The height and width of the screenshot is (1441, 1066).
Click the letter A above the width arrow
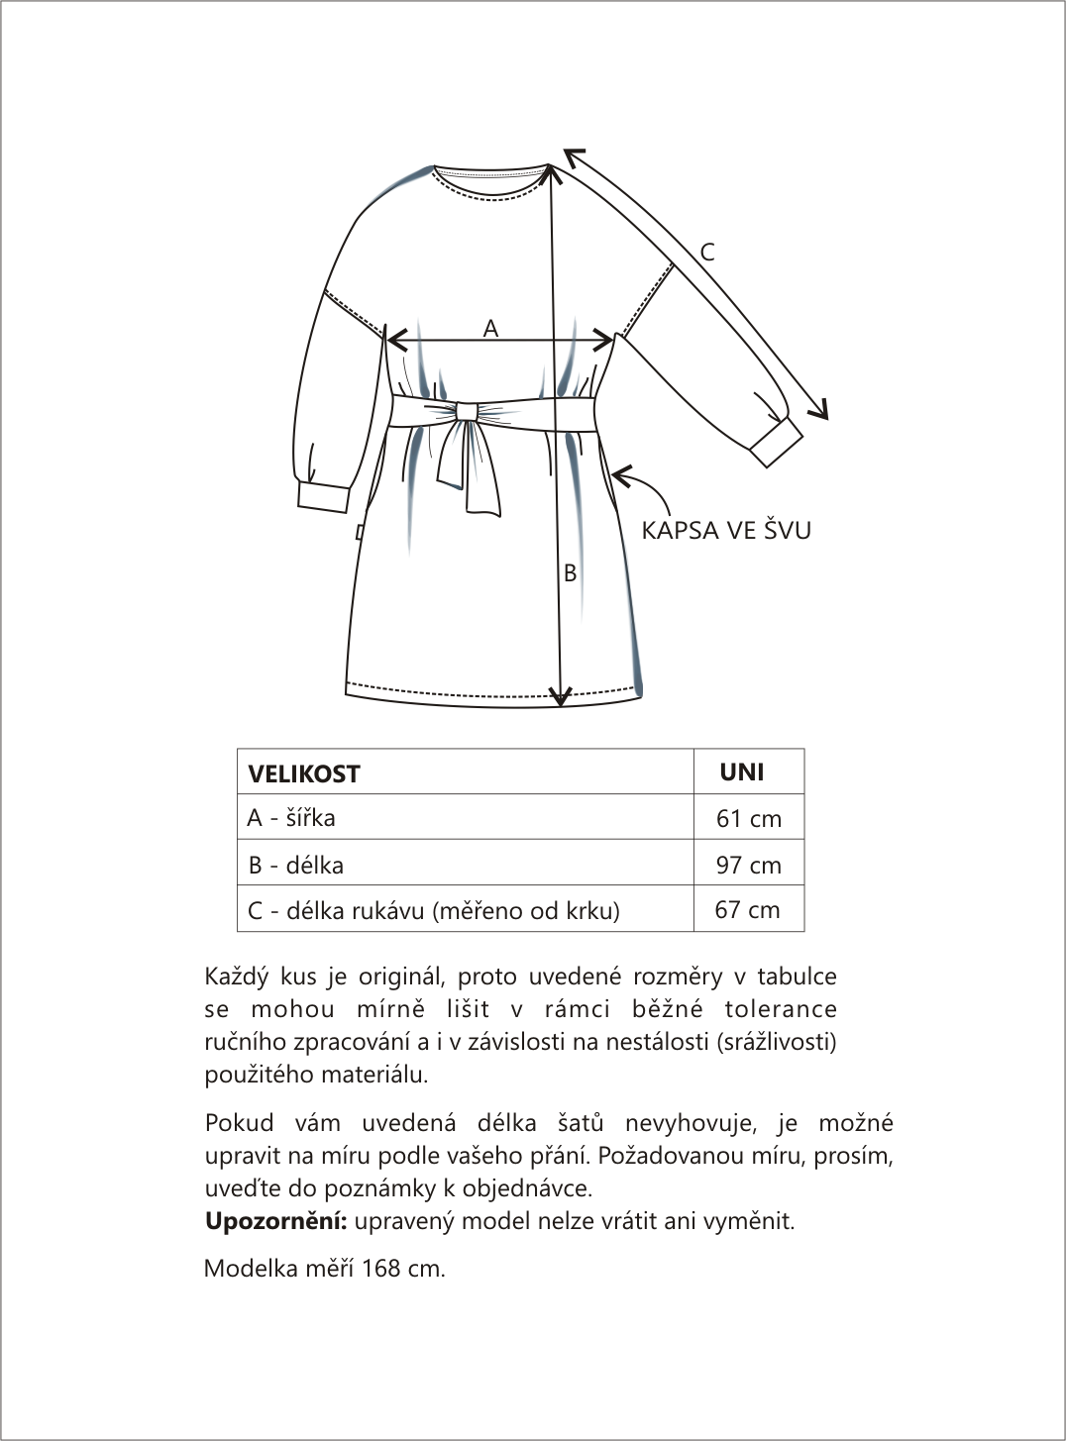(490, 329)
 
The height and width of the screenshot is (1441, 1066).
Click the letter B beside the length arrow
(570, 572)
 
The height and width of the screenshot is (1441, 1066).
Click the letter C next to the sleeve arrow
(707, 253)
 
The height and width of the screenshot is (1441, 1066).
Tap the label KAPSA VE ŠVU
(726, 531)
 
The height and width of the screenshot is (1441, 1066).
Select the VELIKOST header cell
(304, 773)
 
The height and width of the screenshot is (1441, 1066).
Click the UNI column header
(742, 772)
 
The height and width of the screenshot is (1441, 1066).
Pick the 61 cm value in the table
(748, 819)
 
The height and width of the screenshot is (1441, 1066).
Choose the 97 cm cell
(748, 866)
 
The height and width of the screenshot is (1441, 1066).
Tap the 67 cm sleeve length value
(747, 910)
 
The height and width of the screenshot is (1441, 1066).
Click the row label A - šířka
(291, 818)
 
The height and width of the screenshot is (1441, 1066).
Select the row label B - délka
(295, 866)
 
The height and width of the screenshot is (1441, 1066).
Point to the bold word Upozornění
(275, 1221)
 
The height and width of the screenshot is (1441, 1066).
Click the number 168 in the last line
(381, 1269)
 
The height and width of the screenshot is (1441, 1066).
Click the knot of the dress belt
(466, 410)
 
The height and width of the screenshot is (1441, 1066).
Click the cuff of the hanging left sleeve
(323, 497)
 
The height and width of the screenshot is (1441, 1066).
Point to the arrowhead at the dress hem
(561, 697)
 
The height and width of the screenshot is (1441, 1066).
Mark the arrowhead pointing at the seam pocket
(619, 476)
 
